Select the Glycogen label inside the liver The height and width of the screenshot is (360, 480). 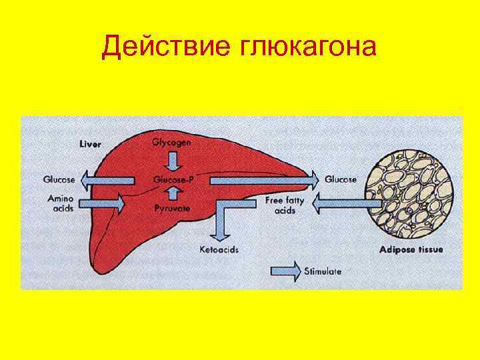pos(172,143)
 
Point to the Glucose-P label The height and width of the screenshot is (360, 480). pos(173,179)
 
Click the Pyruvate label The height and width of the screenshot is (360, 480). pos(172,209)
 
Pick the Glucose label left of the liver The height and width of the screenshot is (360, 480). pos(59,179)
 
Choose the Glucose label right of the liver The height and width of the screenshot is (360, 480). pos(341,179)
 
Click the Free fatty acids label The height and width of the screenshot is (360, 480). pos(285,205)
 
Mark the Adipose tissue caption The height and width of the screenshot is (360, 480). pos(411,250)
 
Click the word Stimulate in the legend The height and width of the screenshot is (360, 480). pos(323,271)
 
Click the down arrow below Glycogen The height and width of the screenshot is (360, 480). pos(173,161)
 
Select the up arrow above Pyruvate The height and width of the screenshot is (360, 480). pos(173,194)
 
